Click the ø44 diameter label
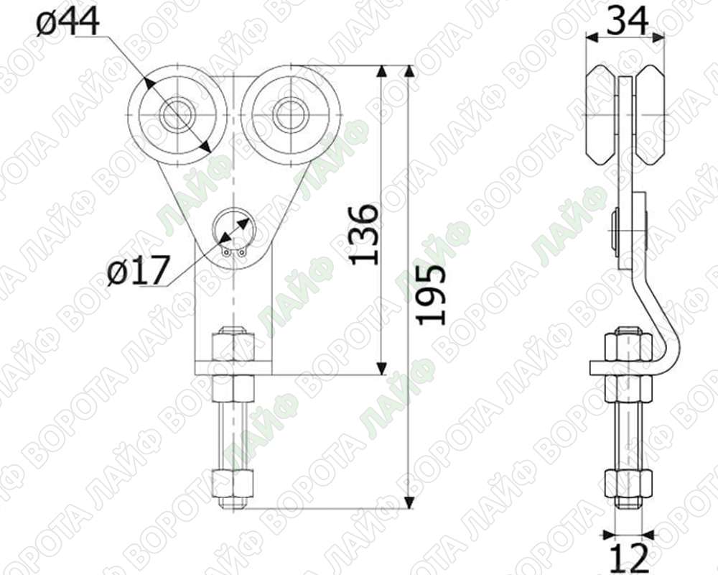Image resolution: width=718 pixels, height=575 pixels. click(67, 22)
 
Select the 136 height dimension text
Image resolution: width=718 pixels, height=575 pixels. click(365, 235)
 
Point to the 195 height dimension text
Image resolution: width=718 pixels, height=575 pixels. click(430, 295)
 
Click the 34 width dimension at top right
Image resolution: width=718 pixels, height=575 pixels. click(627, 21)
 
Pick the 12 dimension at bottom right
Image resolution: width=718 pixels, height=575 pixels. click(628, 558)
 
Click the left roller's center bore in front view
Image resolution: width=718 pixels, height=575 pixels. click(177, 114)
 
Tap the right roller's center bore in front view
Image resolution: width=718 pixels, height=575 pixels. click(290, 114)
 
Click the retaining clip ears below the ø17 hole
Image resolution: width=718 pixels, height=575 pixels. click(233, 252)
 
